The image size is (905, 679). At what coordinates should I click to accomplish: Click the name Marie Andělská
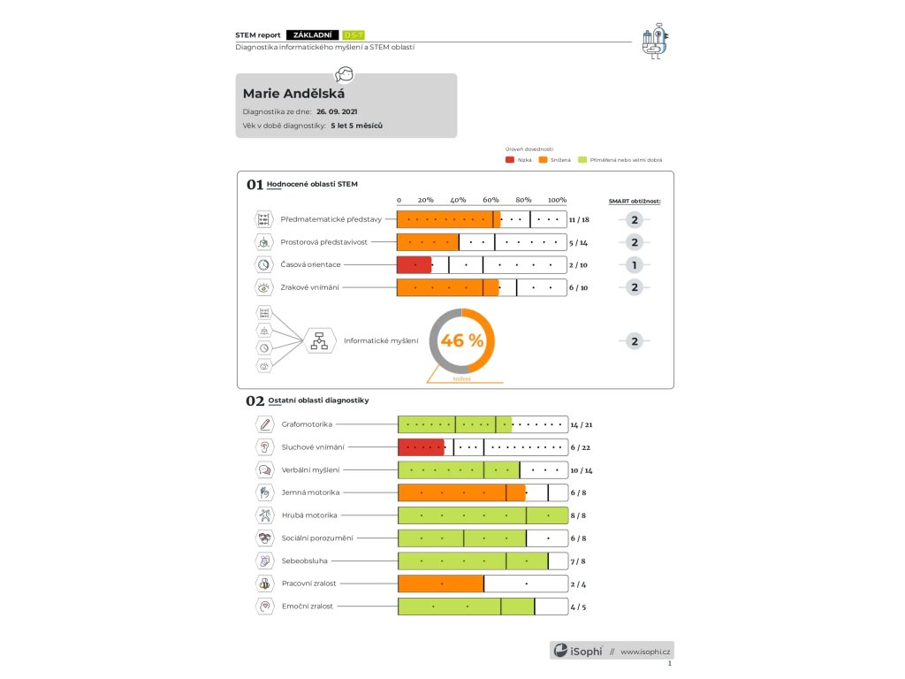(x=293, y=94)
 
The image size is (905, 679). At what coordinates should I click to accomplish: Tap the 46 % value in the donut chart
(x=461, y=340)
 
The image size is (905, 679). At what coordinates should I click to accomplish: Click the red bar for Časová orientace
(x=414, y=264)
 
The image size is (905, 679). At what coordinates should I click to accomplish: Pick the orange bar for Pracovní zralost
(x=440, y=584)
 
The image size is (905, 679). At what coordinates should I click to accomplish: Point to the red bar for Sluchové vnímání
(x=421, y=447)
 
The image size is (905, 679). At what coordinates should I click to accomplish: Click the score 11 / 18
(x=579, y=219)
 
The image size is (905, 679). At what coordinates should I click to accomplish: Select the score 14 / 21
(x=581, y=424)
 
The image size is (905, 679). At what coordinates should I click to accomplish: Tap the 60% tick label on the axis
(x=491, y=200)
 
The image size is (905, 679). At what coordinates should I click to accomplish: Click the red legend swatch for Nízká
(x=510, y=160)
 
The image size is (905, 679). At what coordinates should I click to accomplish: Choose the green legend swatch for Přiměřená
(x=582, y=160)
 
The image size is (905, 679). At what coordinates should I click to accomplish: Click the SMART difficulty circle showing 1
(x=634, y=264)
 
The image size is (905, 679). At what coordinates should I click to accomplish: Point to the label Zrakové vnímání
(x=310, y=287)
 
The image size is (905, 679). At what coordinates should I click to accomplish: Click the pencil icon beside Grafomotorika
(x=264, y=424)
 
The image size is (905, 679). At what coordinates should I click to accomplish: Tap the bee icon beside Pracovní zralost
(x=264, y=584)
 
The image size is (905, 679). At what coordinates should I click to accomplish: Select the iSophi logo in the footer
(x=578, y=651)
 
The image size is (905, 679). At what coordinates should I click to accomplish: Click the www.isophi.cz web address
(x=646, y=652)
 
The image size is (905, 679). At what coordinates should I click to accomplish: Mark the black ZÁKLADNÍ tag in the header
(x=313, y=34)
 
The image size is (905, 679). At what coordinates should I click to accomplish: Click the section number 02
(x=255, y=401)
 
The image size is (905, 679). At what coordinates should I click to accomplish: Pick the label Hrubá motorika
(x=309, y=515)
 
